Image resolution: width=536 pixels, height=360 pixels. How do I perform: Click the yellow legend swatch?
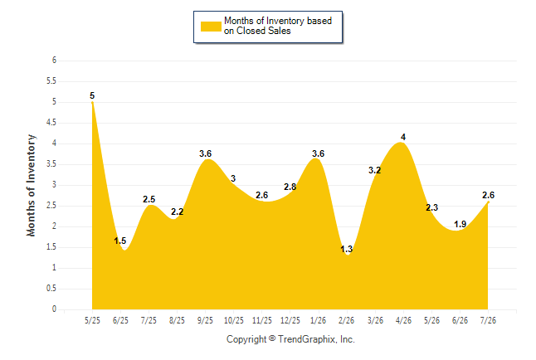tap(211, 27)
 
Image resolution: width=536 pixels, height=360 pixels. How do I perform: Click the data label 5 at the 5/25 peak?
tap(92, 95)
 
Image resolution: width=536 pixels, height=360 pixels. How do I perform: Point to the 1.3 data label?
tap(346, 249)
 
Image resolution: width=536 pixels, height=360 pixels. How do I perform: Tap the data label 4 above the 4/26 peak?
tap(403, 137)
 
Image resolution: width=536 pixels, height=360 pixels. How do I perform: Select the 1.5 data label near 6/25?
tap(120, 241)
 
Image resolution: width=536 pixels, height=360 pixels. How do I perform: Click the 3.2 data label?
tap(374, 170)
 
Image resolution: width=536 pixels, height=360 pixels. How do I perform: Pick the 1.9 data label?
tap(460, 224)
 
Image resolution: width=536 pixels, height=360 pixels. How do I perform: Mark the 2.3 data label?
tap(431, 207)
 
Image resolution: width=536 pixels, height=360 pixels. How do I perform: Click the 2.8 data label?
tap(290, 187)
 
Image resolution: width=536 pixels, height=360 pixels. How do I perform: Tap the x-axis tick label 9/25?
tap(205, 320)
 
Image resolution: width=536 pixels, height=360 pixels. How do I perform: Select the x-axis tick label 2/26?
tap(346, 320)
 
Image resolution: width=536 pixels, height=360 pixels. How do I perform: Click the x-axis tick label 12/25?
tap(290, 320)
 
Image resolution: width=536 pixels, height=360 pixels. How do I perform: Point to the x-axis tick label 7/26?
tap(488, 320)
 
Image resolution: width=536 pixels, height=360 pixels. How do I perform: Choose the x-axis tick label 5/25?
tap(92, 320)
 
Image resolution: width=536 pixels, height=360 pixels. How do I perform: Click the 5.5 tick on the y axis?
tap(51, 81)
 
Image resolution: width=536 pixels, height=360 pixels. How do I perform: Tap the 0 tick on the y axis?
tap(54, 309)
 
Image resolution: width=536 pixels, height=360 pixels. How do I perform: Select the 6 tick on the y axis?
tap(54, 61)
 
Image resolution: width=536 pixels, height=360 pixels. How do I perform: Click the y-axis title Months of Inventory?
tap(31, 185)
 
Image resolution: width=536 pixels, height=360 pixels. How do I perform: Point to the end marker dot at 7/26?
tap(488, 202)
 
